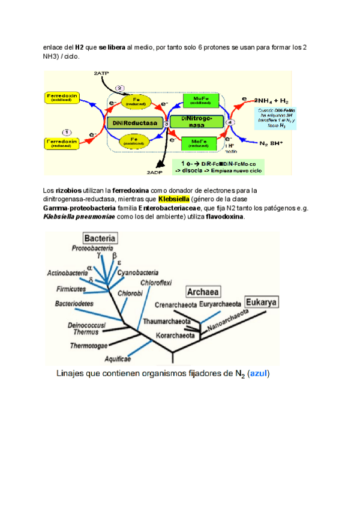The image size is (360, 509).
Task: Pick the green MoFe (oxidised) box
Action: point(202,100)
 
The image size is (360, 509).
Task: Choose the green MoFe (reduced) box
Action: point(202,143)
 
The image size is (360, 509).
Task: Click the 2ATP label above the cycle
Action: point(101,73)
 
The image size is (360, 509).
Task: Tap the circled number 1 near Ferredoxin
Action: point(67,131)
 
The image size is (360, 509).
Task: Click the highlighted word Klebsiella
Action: point(173,199)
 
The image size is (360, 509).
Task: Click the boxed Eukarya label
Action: point(266,301)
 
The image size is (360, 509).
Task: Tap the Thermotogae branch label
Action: point(89,346)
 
